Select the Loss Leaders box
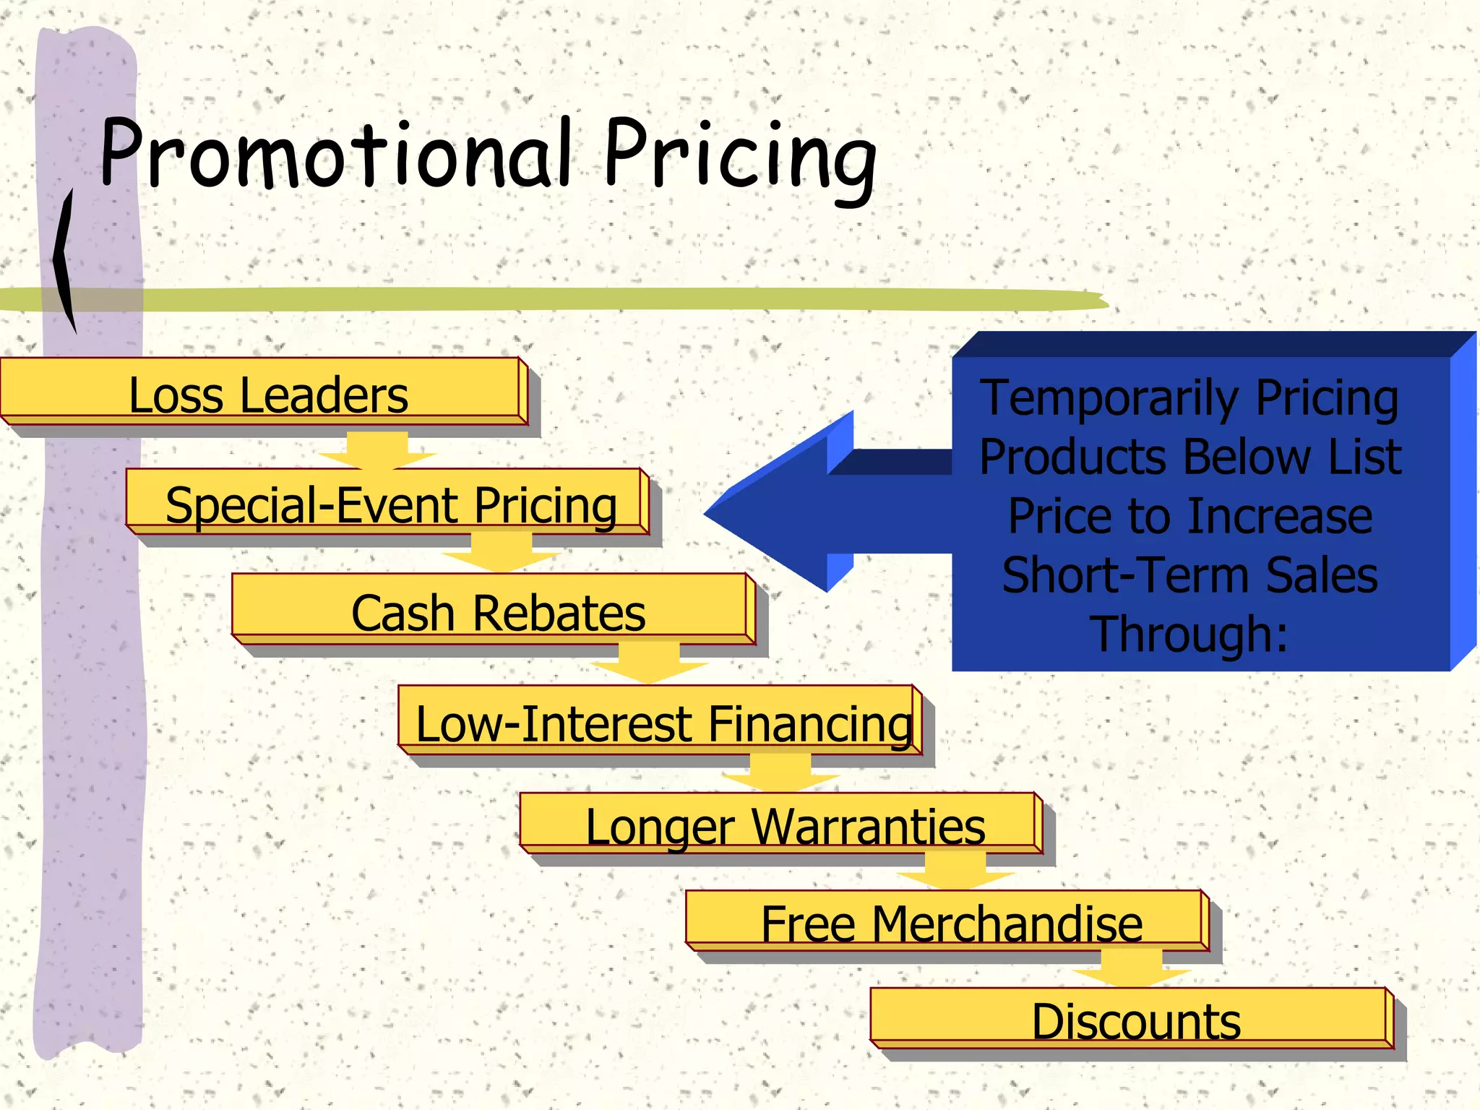[x=267, y=395]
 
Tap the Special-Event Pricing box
[x=390, y=504]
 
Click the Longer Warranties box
[x=784, y=826]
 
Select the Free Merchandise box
[x=951, y=924]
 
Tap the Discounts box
[x=1135, y=1020]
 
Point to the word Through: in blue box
[x=1189, y=634]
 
